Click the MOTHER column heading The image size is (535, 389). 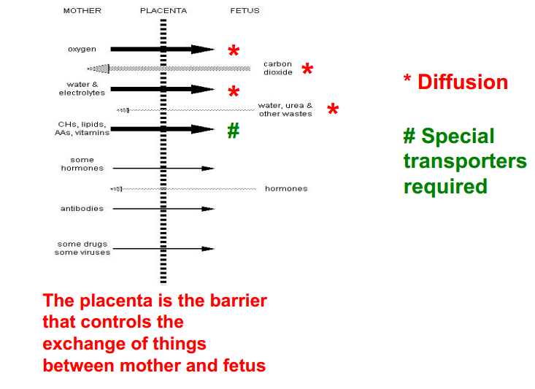pyautogui.click(x=82, y=11)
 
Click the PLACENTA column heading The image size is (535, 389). pyautogui.click(x=163, y=11)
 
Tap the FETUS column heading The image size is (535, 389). pyautogui.click(x=244, y=11)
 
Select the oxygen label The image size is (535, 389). pyautogui.click(x=82, y=50)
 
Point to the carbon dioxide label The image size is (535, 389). pyautogui.click(x=278, y=69)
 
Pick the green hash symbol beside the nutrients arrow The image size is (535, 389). pyautogui.click(x=233, y=131)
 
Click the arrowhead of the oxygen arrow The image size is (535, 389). pyautogui.click(x=202, y=50)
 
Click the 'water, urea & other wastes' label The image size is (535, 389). pyautogui.click(x=285, y=109)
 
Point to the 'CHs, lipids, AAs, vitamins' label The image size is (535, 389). pyautogui.click(x=82, y=128)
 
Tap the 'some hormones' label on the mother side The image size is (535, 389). pyautogui.click(x=82, y=164)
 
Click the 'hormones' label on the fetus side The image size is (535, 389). pyautogui.click(x=286, y=189)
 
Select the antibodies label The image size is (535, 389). pyautogui.click(x=82, y=209)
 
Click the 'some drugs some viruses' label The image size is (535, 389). pyautogui.click(x=82, y=248)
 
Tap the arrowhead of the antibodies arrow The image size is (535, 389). pyautogui.click(x=208, y=209)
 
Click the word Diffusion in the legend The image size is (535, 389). pyautogui.click(x=463, y=82)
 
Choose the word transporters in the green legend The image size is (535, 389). pyautogui.click(x=465, y=161)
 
